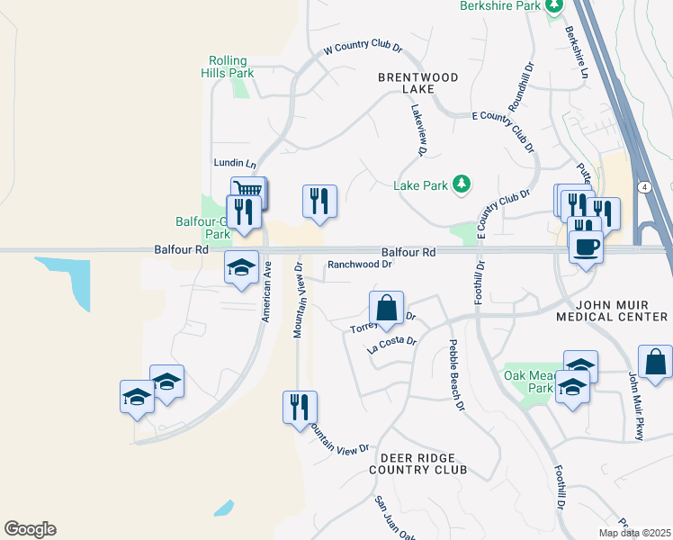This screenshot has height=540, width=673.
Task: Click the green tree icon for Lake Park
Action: [462, 184]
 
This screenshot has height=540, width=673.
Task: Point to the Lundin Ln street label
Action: [235, 164]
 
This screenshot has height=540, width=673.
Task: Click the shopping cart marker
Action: [249, 191]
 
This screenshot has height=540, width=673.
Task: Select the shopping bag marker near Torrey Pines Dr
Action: [386, 307]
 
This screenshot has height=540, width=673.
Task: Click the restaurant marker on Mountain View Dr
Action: [300, 406]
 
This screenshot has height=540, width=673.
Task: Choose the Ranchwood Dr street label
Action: [360, 265]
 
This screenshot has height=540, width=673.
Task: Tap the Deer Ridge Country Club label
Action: [417, 463]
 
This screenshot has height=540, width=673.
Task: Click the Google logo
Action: [30, 529]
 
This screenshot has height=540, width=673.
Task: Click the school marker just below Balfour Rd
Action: [241, 267]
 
